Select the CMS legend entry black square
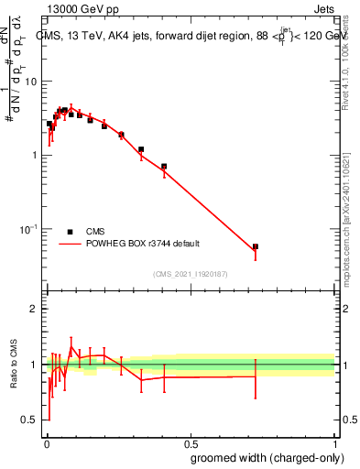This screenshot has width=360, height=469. coord(70,232)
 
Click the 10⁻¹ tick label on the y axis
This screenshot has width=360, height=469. coord(27,229)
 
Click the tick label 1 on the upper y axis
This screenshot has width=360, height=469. coord(34,155)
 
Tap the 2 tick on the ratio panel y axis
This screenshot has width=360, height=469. coord(34,309)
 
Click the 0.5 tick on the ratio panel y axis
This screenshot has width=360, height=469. coord(29,420)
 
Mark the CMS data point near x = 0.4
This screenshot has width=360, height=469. coord(164,167)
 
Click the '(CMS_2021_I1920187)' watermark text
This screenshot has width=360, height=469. coord(190,273)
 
